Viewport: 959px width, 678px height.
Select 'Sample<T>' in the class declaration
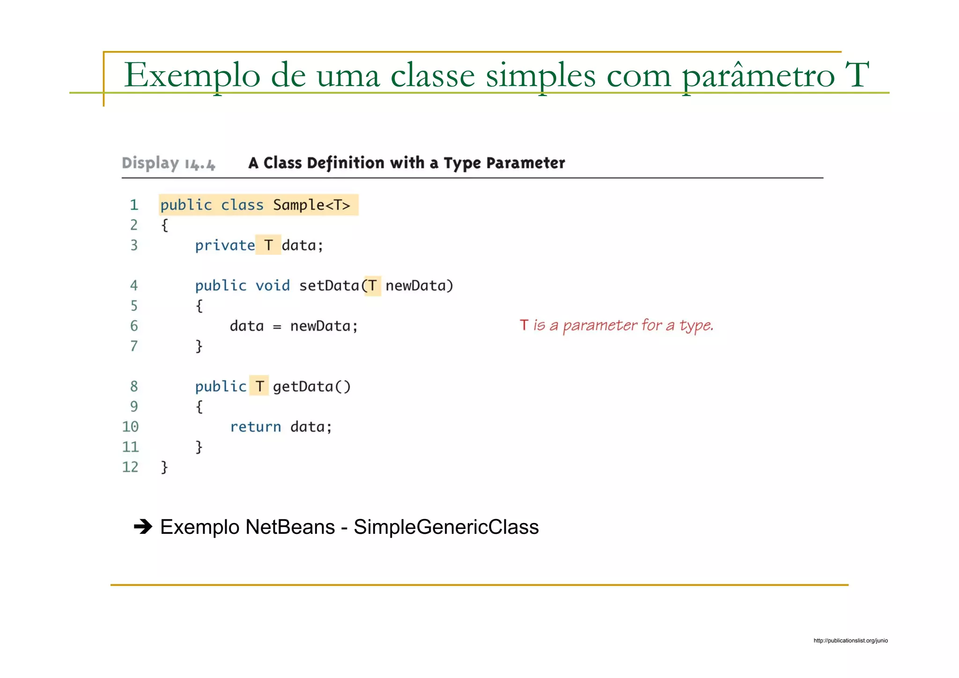311,205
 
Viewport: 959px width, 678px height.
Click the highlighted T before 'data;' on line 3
268,245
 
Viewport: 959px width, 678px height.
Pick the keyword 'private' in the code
225,245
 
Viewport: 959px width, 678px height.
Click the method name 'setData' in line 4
329,286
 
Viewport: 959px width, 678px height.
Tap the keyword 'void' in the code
273,286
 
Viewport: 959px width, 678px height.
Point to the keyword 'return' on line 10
255,427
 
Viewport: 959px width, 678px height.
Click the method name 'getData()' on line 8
311,387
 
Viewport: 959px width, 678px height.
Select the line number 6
134,326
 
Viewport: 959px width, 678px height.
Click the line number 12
130,467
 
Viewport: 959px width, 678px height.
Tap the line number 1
134,205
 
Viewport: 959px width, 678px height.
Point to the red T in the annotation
524,325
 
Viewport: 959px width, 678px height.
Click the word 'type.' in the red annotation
696,325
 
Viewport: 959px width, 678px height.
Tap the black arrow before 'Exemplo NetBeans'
143,527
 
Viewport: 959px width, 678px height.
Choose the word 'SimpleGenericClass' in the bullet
446,527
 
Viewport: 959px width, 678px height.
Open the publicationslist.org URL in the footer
850,641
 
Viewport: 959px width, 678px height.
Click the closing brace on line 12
164,467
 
